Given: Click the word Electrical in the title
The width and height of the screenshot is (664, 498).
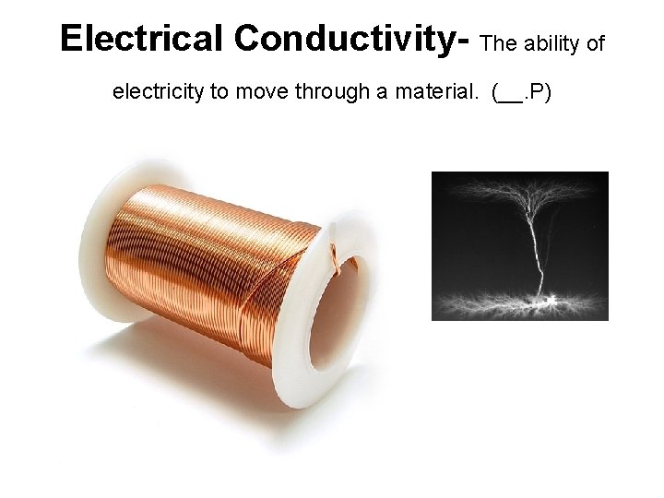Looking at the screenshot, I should pyautogui.click(x=141, y=39).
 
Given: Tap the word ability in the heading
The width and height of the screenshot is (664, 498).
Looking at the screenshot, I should pyautogui.click(x=547, y=43).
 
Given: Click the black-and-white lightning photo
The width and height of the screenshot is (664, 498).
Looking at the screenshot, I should pyautogui.click(x=519, y=245).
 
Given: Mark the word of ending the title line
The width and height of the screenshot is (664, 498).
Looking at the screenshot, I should pyautogui.click(x=595, y=43).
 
